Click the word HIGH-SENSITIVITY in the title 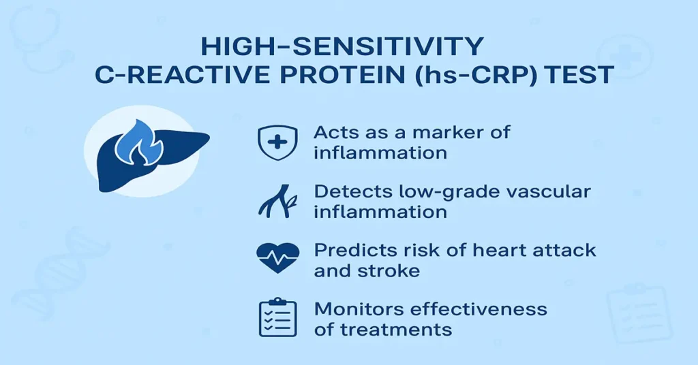pyautogui.click(x=343, y=48)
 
